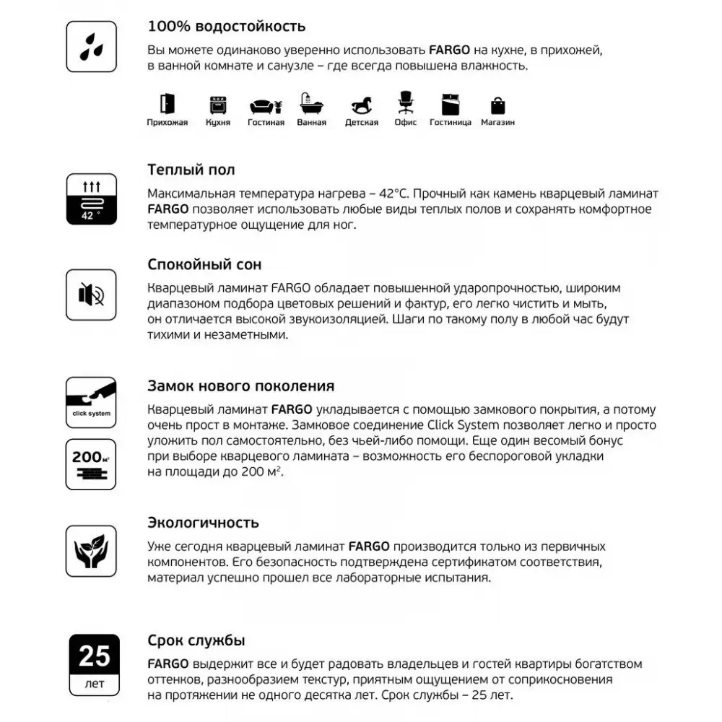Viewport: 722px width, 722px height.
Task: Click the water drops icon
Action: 91,46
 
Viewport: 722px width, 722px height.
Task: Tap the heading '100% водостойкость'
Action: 226,27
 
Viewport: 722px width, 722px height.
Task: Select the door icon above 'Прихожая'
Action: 167,105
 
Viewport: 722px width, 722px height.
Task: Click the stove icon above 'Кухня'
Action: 217,105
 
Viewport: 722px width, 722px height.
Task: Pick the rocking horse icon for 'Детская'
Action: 361,105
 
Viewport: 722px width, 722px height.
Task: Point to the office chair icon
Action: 406,103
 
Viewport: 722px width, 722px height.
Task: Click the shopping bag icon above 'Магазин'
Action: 497,105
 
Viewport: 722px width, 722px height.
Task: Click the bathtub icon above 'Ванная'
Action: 311,106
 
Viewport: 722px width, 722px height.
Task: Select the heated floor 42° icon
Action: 91,199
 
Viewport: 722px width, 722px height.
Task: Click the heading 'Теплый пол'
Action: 191,170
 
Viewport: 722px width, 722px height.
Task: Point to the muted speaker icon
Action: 91,295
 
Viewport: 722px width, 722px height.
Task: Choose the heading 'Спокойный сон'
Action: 204,264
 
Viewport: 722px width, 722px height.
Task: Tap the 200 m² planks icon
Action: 91,464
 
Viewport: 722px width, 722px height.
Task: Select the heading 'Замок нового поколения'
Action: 240,386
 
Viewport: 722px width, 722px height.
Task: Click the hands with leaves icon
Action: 91,550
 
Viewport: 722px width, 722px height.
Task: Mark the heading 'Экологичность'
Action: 203,522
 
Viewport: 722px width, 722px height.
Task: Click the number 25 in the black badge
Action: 94,656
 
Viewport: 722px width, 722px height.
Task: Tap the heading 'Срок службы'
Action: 196,640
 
